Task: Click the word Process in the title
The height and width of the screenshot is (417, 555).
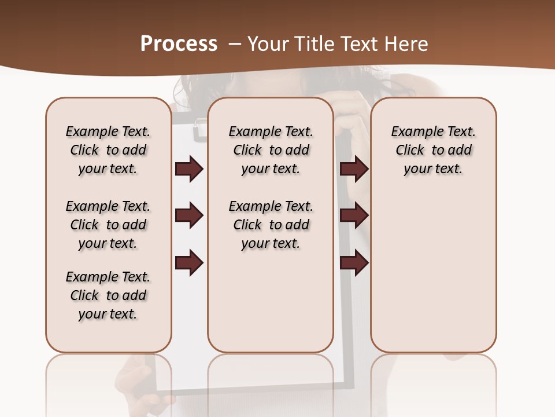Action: click(x=179, y=44)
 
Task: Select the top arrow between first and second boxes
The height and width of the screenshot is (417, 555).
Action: click(x=189, y=169)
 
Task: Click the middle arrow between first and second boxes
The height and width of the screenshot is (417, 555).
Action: click(x=189, y=215)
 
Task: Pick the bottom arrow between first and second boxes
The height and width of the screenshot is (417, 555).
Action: click(x=189, y=263)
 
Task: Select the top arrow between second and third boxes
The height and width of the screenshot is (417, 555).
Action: click(x=354, y=169)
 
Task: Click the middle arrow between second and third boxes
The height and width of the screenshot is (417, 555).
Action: click(x=354, y=215)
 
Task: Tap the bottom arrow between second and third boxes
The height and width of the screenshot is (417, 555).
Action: click(x=354, y=263)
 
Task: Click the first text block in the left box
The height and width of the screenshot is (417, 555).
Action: click(x=108, y=150)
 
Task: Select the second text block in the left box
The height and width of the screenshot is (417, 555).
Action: click(x=108, y=225)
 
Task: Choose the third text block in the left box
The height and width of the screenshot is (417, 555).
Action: click(x=108, y=295)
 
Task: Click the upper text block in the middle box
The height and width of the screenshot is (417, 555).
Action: click(x=271, y=150)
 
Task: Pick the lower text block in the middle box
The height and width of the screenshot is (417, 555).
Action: click(x=271, y=225)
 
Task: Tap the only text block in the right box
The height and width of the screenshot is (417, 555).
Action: click(x=433, y=150)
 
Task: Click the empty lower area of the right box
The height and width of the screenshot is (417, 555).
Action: click(x=433, y=272)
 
